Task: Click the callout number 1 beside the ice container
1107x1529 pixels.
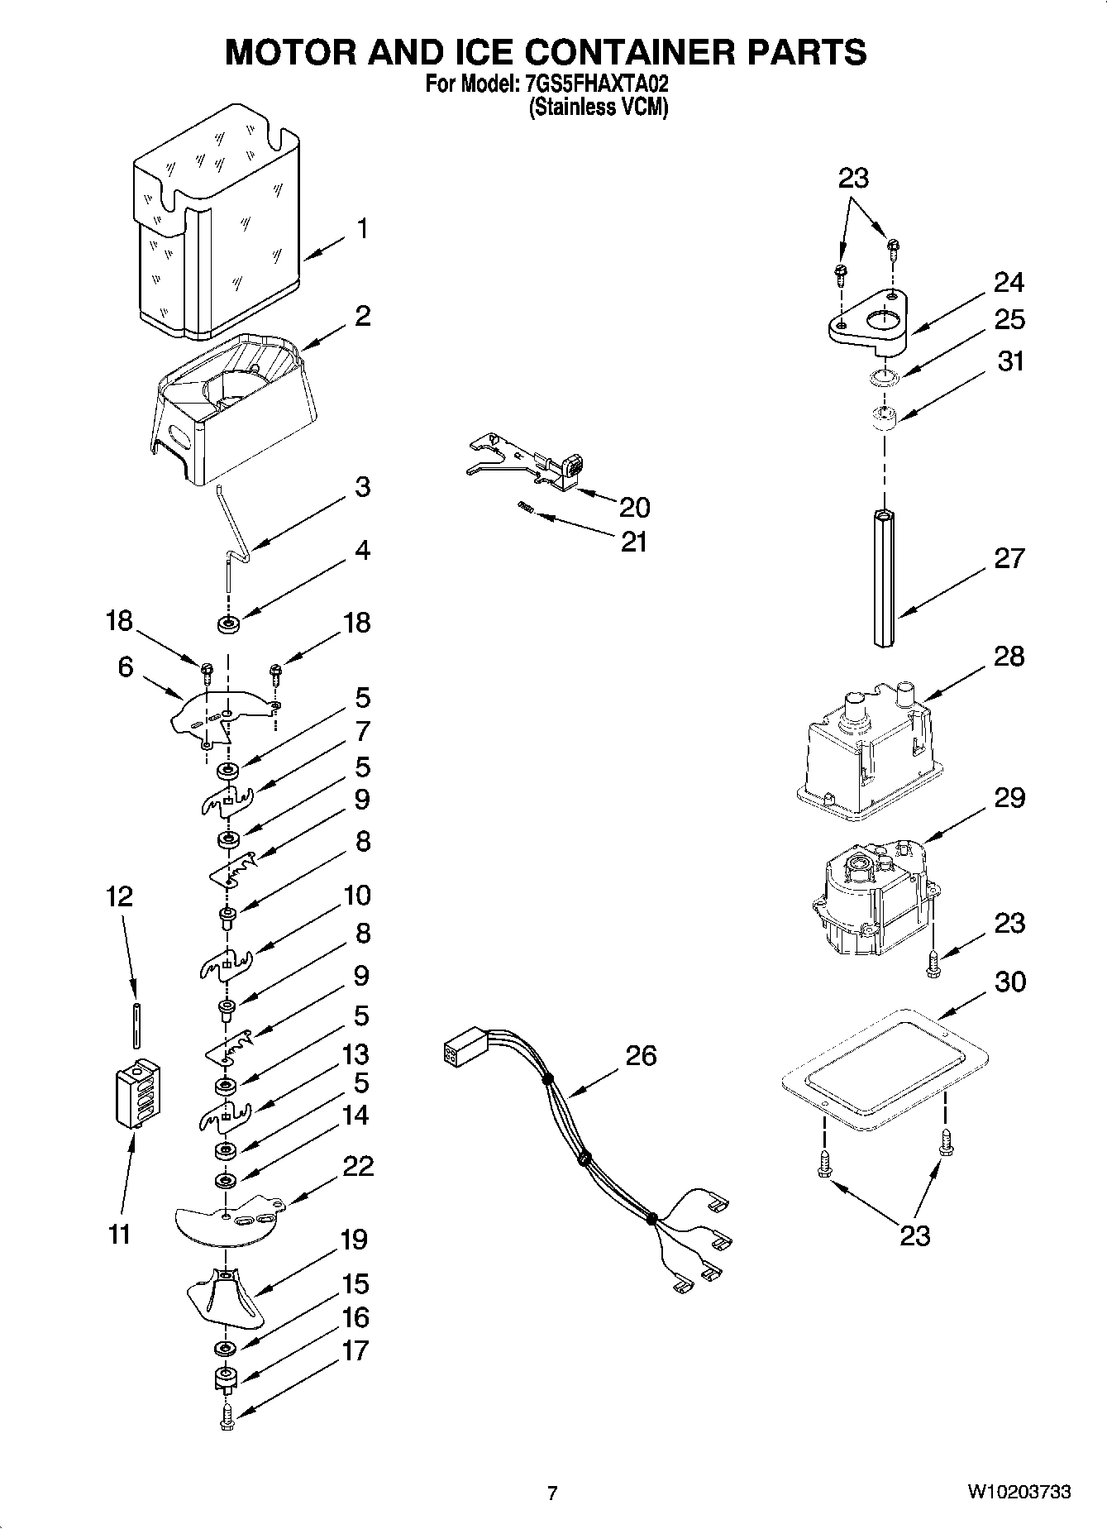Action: pyautogui.click(x=361, y=228)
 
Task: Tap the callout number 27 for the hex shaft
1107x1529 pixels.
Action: pyautogui.click(x=1009, y=558)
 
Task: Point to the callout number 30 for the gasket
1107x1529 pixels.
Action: pyautogui.click(x=1009, y=982)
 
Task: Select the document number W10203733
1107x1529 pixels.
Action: pyautogui.click(x=1019, y=1493)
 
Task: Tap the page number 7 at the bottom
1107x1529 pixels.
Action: pyautogui.click(x=552, y=1493)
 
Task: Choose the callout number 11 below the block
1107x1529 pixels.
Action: pyautogui.click(x=120, y=1235)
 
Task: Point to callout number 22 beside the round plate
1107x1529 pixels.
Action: pyautogui.click(x=357, y=1167)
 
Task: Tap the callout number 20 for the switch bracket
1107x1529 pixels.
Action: pyautogui.click(x=634, y=506)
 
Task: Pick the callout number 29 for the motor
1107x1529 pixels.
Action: pyautogui.click(x=1009, y=798)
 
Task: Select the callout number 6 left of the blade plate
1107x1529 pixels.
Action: pyautogui.click(x=125, y=667)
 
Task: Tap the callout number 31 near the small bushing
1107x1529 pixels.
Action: pyautogui.click(x=1010, y=361)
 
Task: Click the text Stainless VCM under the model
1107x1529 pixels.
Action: pyautogui.click(x=598, y=108)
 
